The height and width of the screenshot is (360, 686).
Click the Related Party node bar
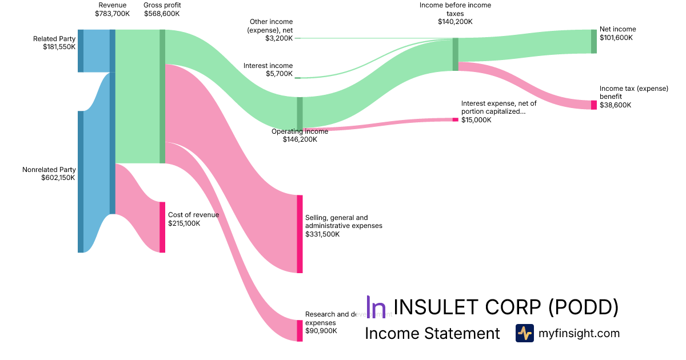(81, 51)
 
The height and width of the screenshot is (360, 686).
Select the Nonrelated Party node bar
(81, 182)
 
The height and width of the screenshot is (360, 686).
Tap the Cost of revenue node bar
(162, 227)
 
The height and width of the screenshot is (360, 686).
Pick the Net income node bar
(594, 41)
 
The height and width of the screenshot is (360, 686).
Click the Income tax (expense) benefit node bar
(594, 105)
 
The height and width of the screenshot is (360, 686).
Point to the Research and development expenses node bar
(300, 331)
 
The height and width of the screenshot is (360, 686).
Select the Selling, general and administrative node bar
(300, 234)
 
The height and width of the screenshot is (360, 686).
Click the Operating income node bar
(300, 114)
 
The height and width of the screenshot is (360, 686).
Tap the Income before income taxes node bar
(456, 54)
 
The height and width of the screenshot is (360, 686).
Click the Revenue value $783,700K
(113, 13)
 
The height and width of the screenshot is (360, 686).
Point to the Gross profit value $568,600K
(162, 13)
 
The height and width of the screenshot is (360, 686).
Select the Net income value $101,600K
(617, 38)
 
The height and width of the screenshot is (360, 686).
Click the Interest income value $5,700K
(279, 74)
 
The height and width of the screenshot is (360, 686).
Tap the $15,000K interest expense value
(476, 120)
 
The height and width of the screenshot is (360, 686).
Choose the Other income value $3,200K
(279, 38)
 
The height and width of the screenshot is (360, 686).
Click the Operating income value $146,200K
(300, 139)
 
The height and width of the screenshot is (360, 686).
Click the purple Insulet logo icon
(376, 307)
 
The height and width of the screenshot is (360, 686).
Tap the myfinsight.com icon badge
(524, 333)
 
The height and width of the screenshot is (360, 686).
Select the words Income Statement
(432, 333)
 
